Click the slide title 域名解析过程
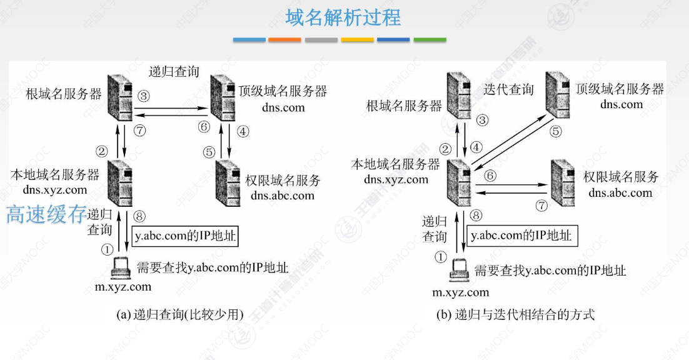click(x=343, y=17)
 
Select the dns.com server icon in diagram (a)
click(x=223, y=96)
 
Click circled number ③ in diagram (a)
click(x=144, y=96)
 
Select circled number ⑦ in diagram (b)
click(x=541, y=205)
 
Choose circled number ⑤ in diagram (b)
click(x=556, y=132)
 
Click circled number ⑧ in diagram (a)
click(x=139, y=216)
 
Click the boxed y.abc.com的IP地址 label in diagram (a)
click(x=186, y=237)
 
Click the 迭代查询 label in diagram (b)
click(x=509, y=89)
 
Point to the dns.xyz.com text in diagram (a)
click(x=56, y=189)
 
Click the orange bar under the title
click(x=284, y=40)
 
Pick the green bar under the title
click(x=430, y=40)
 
